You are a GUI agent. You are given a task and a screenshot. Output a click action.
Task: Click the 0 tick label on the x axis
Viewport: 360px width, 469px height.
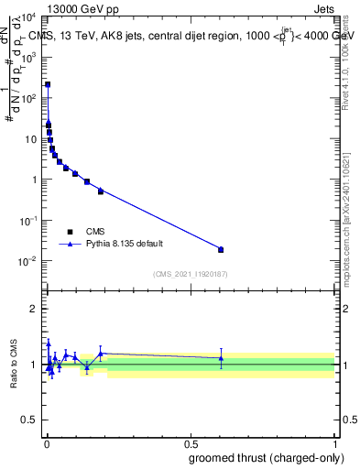click(x=47, y=444)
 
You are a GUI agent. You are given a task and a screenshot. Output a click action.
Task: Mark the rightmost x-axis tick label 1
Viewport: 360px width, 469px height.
click(x=334, y=444)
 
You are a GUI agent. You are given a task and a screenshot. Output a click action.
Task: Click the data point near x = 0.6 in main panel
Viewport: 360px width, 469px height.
click(x=221, y=249)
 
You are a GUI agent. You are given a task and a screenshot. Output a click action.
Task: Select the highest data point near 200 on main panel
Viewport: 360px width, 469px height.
click(x=48, y=84)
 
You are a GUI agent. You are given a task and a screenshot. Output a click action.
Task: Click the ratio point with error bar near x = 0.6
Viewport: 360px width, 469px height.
click(x=221, y=358)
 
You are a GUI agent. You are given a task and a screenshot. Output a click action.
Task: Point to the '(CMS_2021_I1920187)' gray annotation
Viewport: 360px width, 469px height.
click(x=191, y=274)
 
